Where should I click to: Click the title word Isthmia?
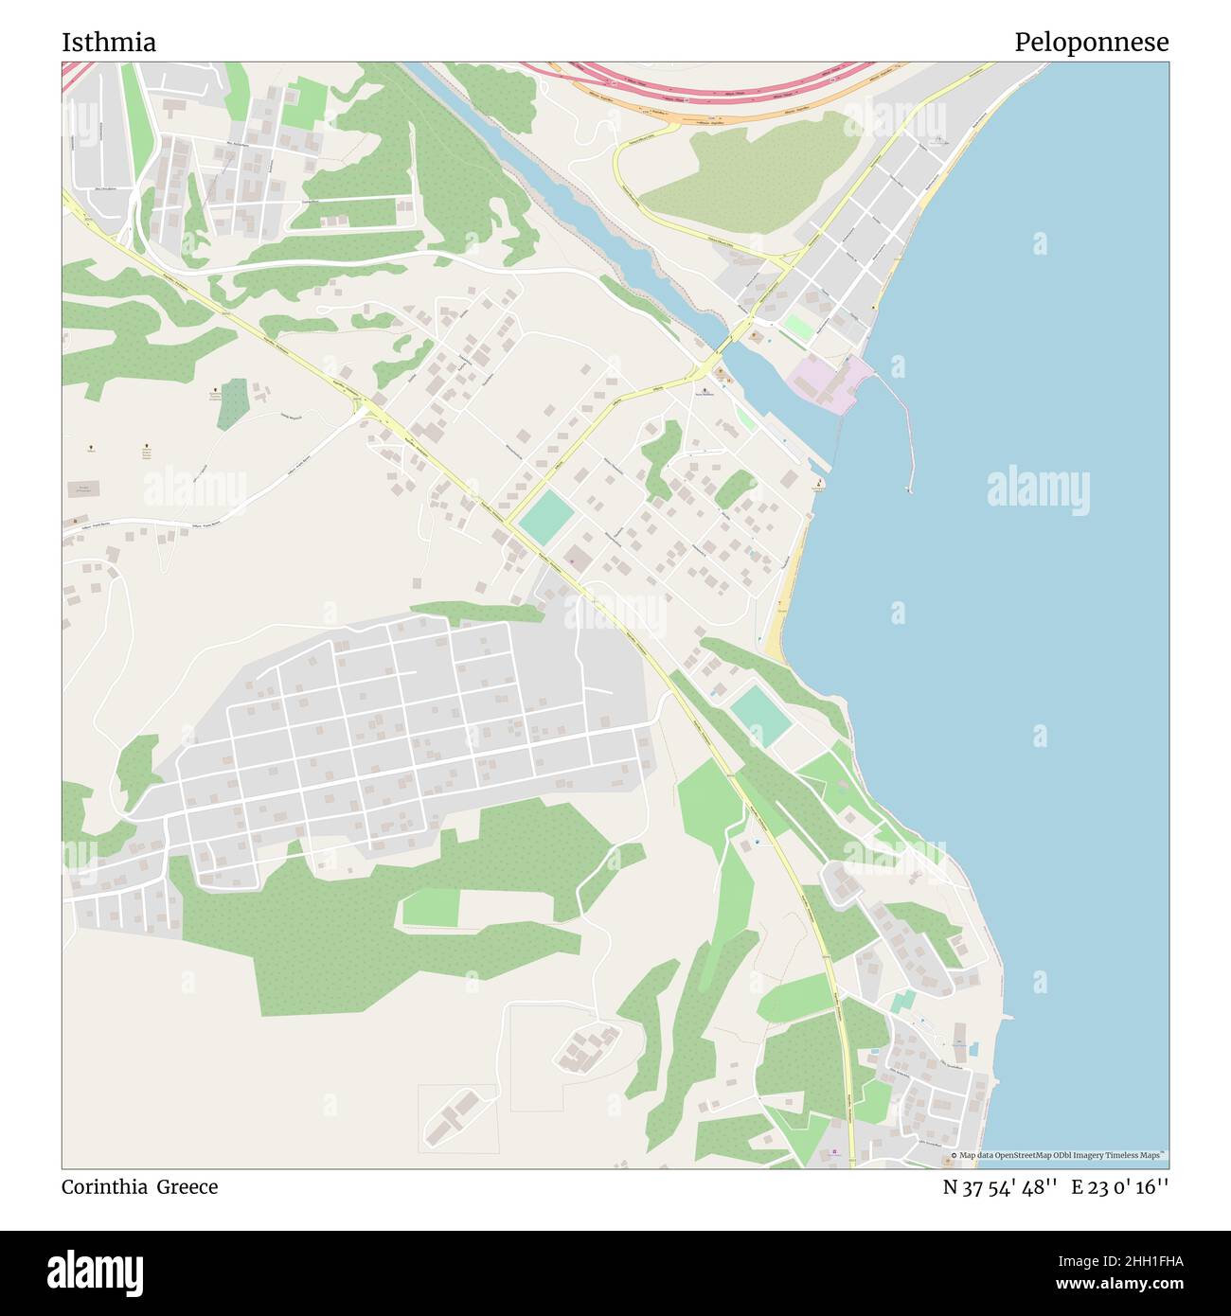point(109,43)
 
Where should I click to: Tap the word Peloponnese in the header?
point(1091,43)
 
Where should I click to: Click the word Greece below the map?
point(187,1187)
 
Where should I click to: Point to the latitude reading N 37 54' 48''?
point(999,1187)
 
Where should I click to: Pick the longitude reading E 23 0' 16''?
point(1120,1187)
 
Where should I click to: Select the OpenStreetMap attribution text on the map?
point(1061,1155)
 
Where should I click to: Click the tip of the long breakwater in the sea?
point(909,489)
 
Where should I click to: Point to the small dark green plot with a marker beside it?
point(232,404)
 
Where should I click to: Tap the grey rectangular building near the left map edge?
point(82,489)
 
